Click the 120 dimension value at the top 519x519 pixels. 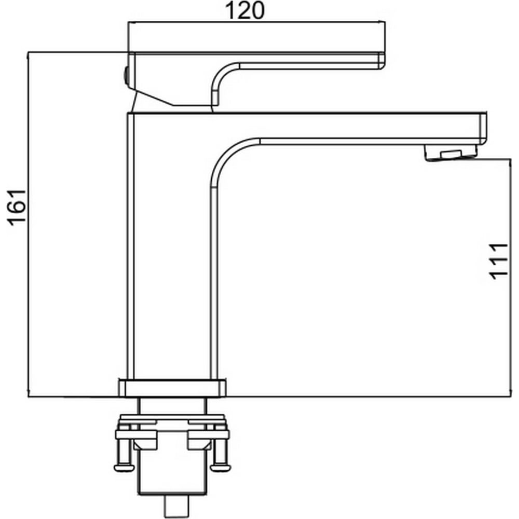(x=244, y=10)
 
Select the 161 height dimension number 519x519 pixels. (x=17, y=208)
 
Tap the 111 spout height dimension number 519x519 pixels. (x=499, y=262)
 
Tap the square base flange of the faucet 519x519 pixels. (x=172, y=388)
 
